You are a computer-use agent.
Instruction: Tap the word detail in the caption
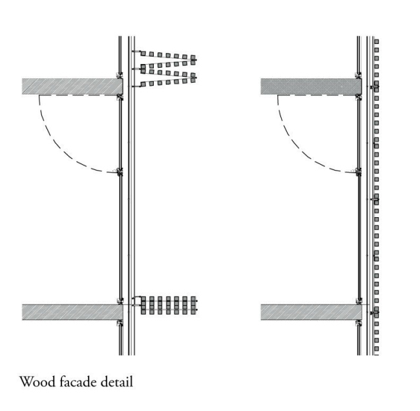[116, 382]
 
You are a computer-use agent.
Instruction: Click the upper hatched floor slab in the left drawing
[71, 86]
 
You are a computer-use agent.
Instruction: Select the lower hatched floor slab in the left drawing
[71, 311]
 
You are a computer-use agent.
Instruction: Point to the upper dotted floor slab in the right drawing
[309, 87]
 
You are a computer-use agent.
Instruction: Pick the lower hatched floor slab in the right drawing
[309, 312]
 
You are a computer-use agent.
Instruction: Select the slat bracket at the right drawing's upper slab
[374, 86]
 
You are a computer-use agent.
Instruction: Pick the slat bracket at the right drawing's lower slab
[374, 311]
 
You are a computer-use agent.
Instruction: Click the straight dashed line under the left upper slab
[78, 96]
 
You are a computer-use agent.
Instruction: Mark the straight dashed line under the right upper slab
[317, 96]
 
